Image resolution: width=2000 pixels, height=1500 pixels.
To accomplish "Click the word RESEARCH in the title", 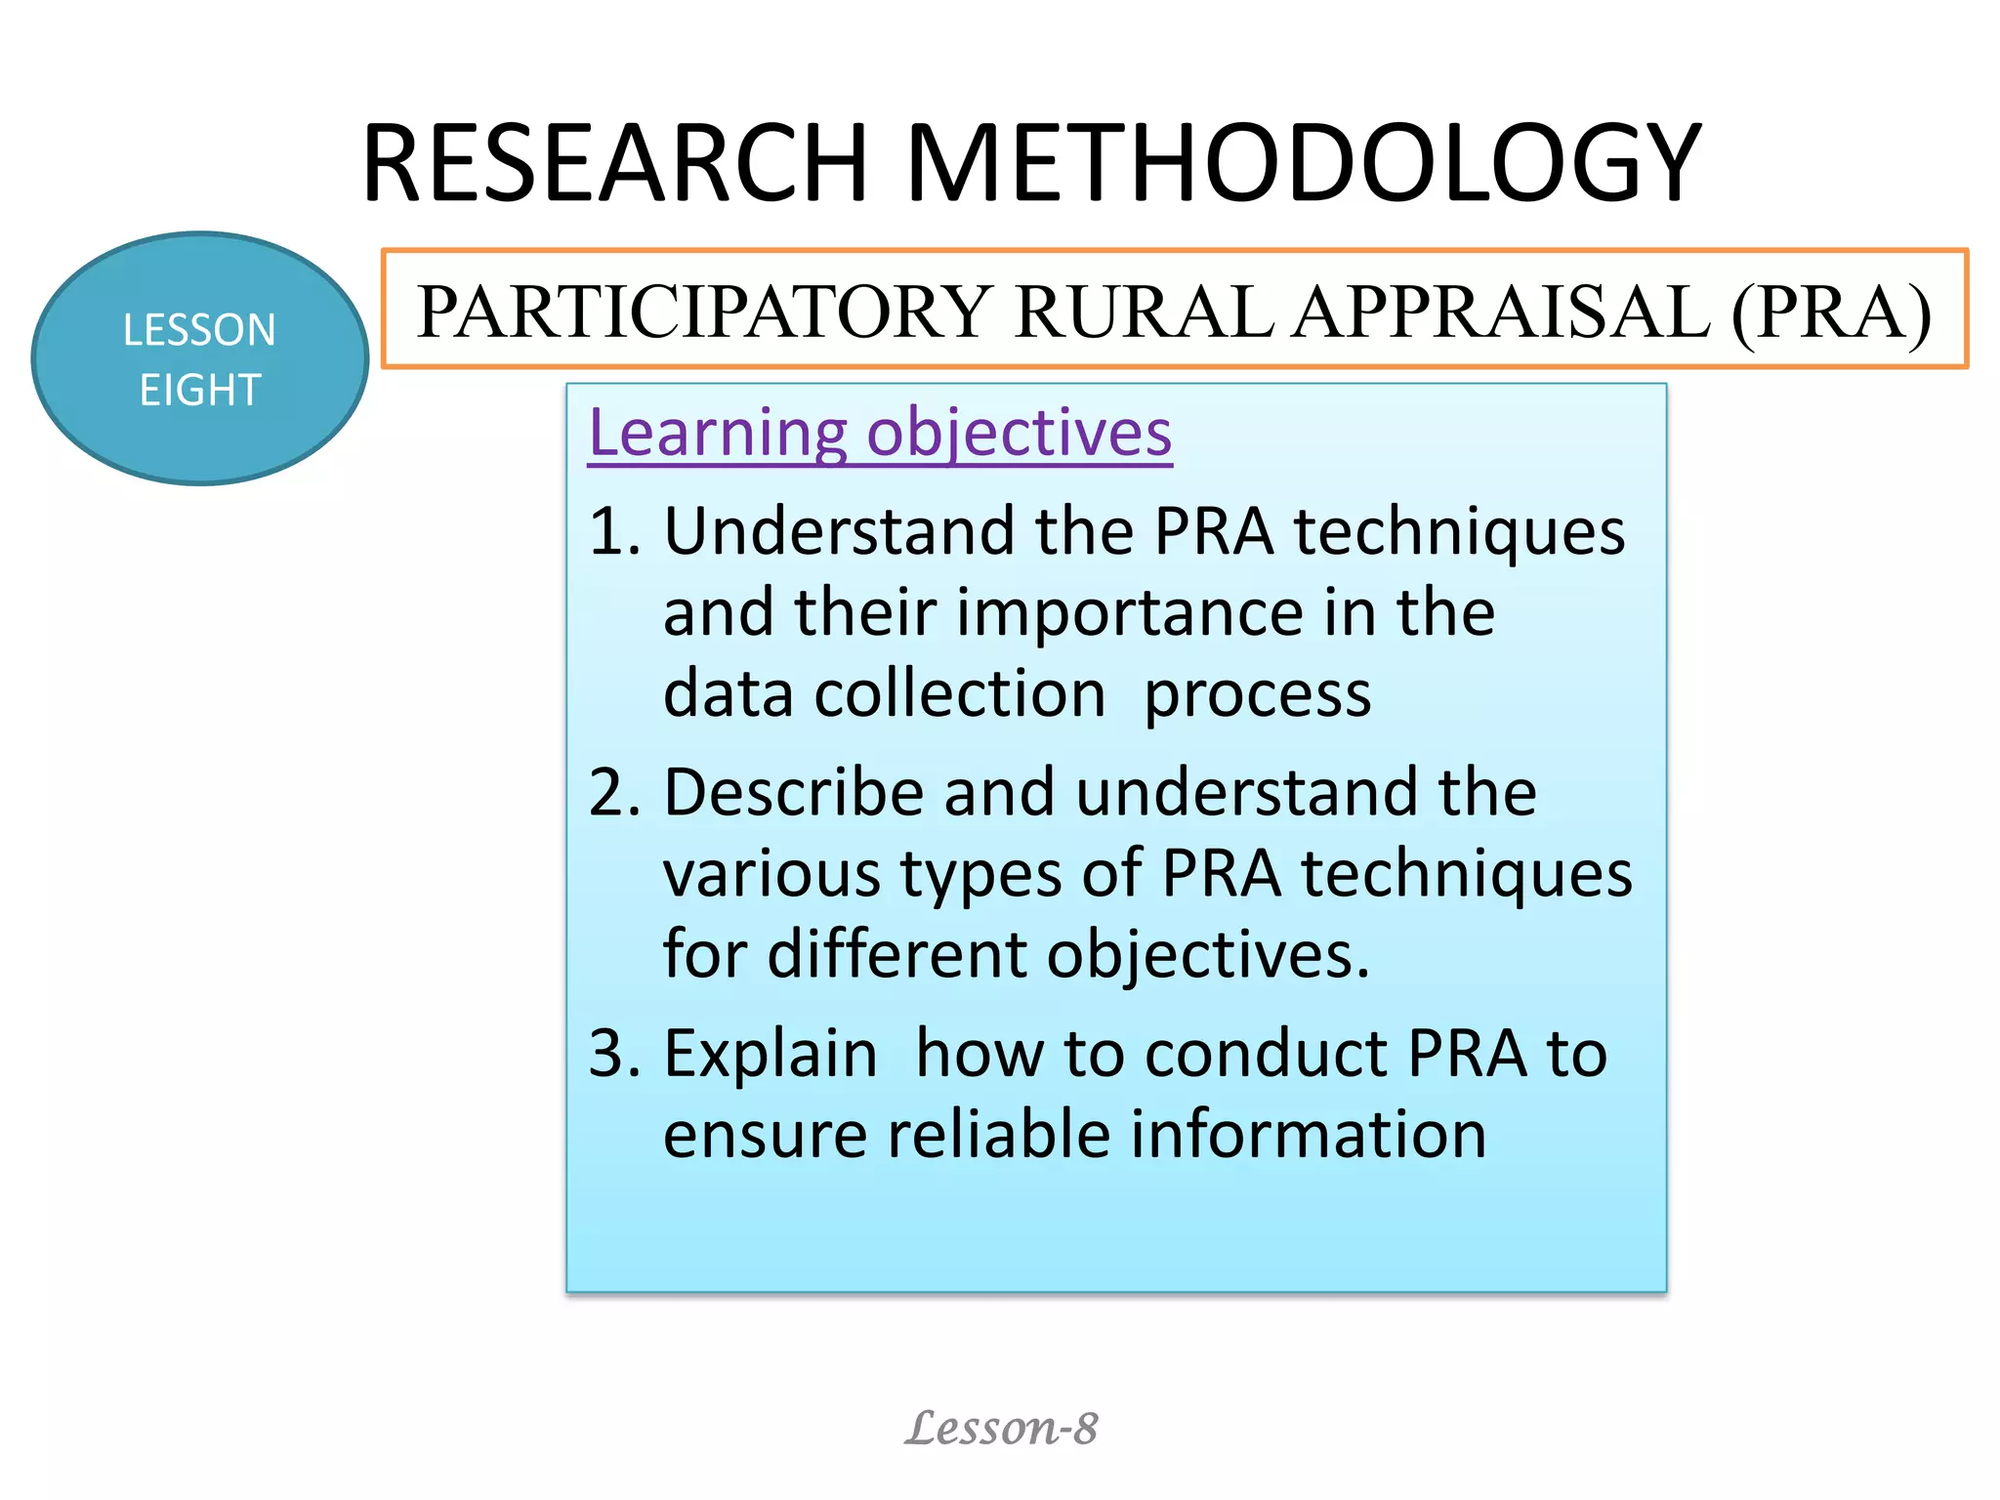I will click(x=615, y=163).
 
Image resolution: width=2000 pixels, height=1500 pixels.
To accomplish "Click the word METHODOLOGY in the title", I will click(x=1304, y=163).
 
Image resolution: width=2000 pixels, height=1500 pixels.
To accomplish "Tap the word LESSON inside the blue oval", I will click(x=199, y=330).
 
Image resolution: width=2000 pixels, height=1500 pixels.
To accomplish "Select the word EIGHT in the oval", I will click(x=199, y=391).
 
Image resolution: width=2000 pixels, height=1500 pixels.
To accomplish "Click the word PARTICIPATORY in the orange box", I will click(x=703, y=312).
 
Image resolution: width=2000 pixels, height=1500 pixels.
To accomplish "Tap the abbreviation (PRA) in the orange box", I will click(x=1831, y=312).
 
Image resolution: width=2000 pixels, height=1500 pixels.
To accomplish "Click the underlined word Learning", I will click(x=718, y=434).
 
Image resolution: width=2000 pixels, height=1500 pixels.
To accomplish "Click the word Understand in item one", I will click(x=839, y=532).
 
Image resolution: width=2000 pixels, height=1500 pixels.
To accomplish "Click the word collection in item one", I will click(x=960, y=694).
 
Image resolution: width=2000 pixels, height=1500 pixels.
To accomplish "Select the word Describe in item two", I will click(x=793, y=792).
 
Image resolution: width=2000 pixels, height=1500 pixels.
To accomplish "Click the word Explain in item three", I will click(x=771, y=1054).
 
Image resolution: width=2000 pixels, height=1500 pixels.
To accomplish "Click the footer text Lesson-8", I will click(x=1001, y=1429).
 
